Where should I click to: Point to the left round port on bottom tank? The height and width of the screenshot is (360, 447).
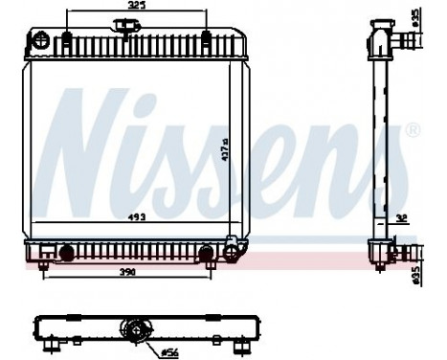pyautogui.click(x=66, y=254)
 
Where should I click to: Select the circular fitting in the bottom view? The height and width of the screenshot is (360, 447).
pyautogui.click(x=135, y=332)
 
